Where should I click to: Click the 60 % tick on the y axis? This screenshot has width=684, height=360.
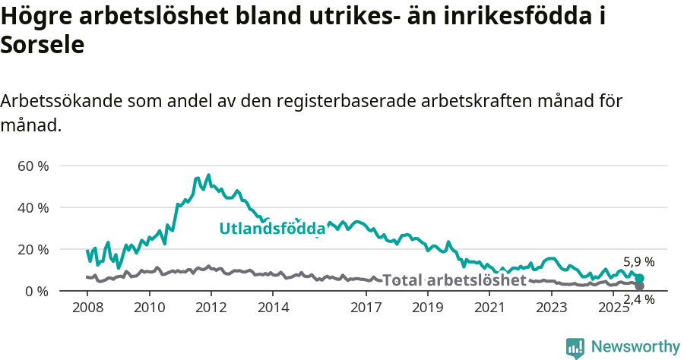point(33,166)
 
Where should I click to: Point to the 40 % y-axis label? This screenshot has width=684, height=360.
point(33,207)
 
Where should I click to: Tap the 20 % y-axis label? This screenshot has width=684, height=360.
point(33,249)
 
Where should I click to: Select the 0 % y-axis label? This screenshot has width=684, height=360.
point(36,291)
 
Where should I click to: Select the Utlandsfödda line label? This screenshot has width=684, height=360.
point(272,229)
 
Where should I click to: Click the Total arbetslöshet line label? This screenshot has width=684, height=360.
point(454,280)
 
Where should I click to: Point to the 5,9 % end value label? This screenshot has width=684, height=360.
point(638,262)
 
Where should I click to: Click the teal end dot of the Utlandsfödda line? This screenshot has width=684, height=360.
point(640,279)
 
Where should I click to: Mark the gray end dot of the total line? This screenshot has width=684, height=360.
point(640,286)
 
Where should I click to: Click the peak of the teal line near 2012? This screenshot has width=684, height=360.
point(209,175)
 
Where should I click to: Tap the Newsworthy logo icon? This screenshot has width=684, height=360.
point(575,347)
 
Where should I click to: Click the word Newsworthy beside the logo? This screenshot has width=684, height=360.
point(635,347)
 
